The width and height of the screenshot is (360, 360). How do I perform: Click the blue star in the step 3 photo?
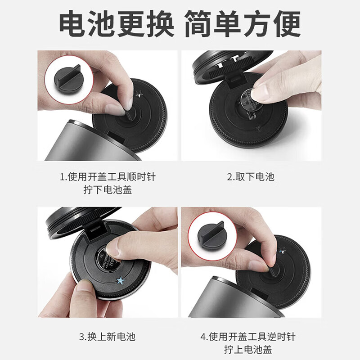tap(120, 281)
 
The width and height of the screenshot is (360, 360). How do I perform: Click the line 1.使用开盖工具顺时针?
tap(108, 176)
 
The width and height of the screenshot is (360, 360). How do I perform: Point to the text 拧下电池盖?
tap(108, 190)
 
